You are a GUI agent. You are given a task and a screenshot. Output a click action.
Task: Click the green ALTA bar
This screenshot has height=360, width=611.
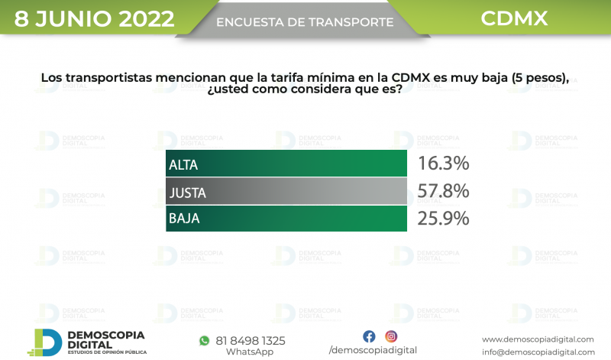point(286,164)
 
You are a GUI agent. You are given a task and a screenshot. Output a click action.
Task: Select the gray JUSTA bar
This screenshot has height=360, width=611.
point(286,191)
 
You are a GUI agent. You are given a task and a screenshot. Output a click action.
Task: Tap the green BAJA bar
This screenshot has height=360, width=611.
point(286,219)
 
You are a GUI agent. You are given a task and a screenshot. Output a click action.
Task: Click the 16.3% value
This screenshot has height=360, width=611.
point(443,164)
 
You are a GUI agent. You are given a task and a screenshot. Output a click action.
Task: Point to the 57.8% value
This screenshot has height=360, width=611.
point(443,191)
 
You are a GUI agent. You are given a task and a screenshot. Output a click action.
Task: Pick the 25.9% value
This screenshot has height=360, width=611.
point(443,219)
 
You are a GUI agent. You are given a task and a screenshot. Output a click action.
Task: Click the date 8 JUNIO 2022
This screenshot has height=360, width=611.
point(94,18)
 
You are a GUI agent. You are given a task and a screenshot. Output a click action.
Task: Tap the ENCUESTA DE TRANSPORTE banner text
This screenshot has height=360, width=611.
point(305,22)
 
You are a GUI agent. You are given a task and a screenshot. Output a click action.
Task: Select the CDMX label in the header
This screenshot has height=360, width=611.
point(514,18)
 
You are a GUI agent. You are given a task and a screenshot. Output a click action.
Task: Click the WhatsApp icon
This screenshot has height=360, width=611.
point(204,340)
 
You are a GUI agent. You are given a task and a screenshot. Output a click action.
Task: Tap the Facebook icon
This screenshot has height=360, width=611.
point(369,336)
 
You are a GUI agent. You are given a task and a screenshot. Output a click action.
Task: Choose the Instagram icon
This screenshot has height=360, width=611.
point(391,336)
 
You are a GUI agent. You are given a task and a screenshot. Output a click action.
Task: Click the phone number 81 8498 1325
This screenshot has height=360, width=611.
point(251,340)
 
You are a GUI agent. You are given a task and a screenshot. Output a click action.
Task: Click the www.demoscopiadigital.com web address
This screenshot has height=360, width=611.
point(538,339)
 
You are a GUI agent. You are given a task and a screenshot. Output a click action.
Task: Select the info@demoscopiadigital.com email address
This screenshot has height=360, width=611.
point(538,352)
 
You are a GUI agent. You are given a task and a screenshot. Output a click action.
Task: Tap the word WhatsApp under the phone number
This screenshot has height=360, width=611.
point(250,352)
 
